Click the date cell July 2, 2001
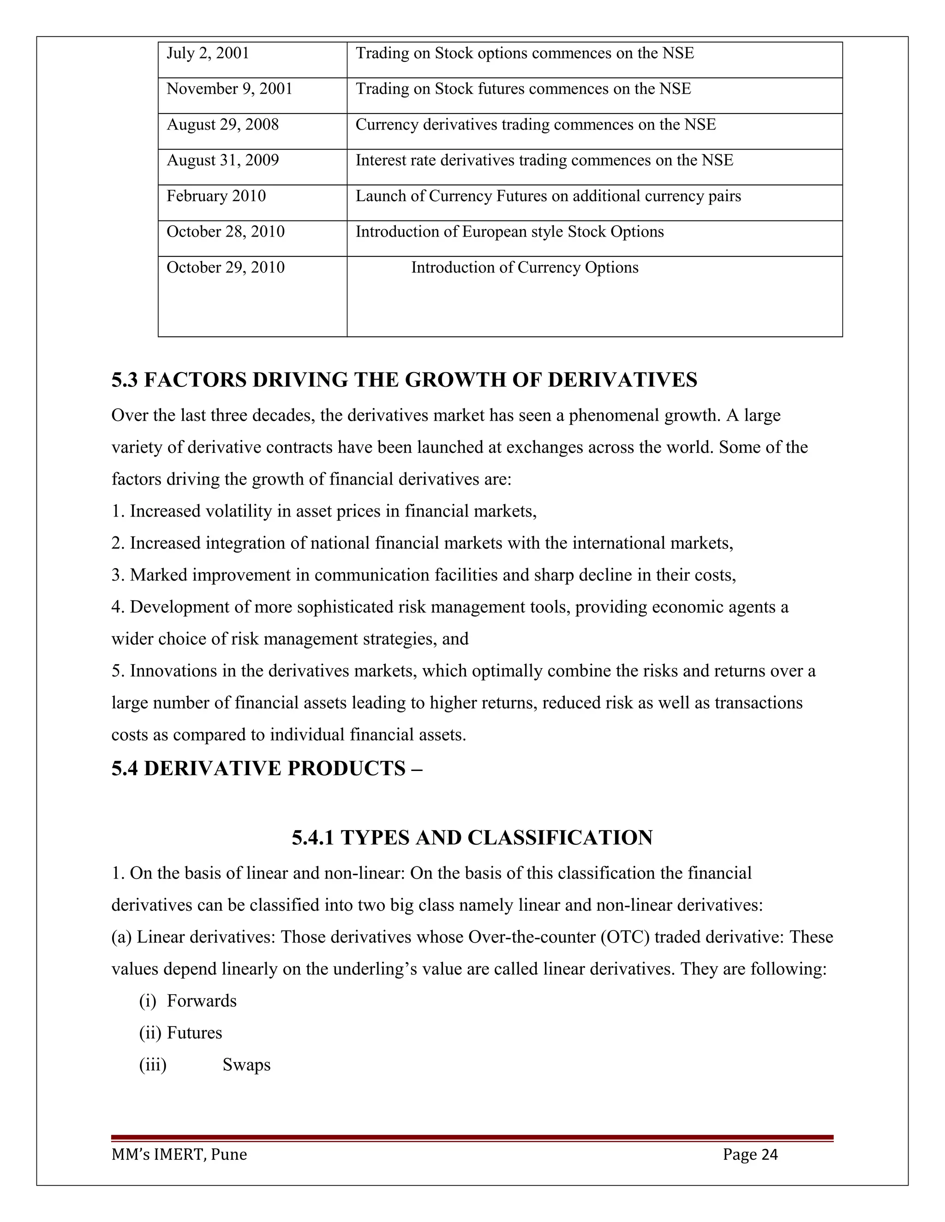(208, 53)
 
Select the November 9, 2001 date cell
(229, 89)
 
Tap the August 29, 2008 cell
(222, 125)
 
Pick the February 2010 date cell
(216, 196)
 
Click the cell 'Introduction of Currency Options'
(525, 267)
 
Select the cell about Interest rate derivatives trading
(544, 160)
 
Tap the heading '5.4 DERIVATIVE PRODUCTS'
(267, 768)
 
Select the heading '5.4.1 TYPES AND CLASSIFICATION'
(472, 837)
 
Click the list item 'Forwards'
(202, 1001)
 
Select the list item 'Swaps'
(246, 1065)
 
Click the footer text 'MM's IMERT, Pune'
(179, 1155)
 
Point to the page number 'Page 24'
(750, 1155)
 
